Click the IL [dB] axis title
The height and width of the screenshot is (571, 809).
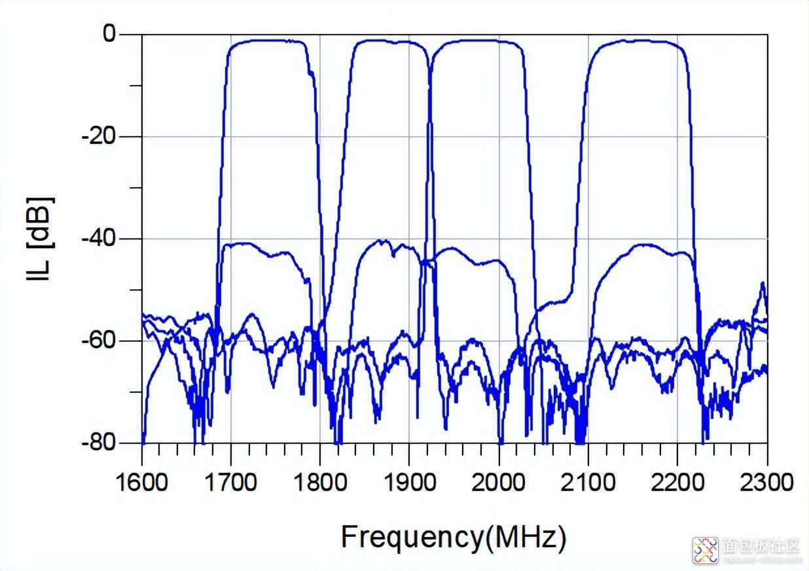click(40, 238)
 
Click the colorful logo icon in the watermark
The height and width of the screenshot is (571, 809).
click(706, 550)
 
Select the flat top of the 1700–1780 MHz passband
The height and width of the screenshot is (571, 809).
click(268, 41)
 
